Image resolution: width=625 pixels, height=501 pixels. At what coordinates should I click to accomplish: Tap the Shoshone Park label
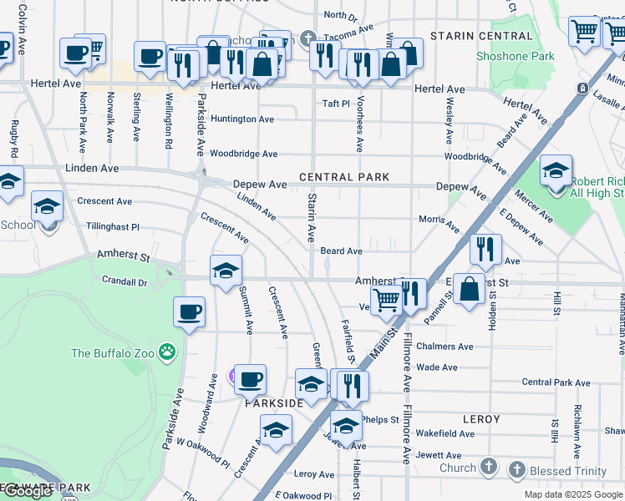coord(515,57)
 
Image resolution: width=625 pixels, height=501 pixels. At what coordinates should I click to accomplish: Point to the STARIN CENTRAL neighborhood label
coord(480,36)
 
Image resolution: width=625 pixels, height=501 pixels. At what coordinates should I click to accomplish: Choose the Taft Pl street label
coord(336,104)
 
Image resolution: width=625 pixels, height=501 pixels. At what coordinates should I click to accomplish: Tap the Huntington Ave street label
coord(242,119)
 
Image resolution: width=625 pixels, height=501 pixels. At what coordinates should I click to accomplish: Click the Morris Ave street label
coord(439,223)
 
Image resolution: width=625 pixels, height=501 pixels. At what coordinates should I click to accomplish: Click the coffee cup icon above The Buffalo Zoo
coord(189,312)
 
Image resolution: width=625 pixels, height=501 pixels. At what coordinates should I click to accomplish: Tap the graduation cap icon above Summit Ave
coord(226,271)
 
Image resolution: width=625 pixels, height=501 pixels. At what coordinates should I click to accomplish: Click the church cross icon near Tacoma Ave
coord(307,38)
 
